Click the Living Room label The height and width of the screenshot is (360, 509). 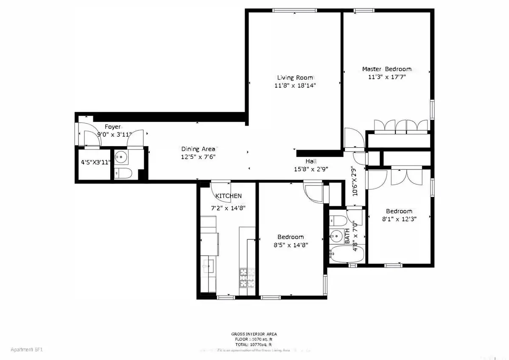tap(295, 78)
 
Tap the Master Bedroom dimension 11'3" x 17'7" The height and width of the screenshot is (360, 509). tap(386, 77)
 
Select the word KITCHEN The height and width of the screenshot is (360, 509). tap(229, 196)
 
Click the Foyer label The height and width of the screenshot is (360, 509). tap(113, 127)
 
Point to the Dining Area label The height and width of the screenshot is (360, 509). tap(199, 149)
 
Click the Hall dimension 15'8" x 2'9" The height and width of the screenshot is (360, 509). tap(310, 169)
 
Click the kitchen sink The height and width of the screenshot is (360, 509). tap(207, 266)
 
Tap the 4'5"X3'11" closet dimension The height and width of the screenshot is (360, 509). tap(95, 162)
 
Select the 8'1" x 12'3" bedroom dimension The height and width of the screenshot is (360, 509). tap(399, 219)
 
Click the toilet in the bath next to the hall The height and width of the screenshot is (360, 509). tap(338, 221)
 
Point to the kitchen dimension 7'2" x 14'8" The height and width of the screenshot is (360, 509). tap(229, 208)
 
